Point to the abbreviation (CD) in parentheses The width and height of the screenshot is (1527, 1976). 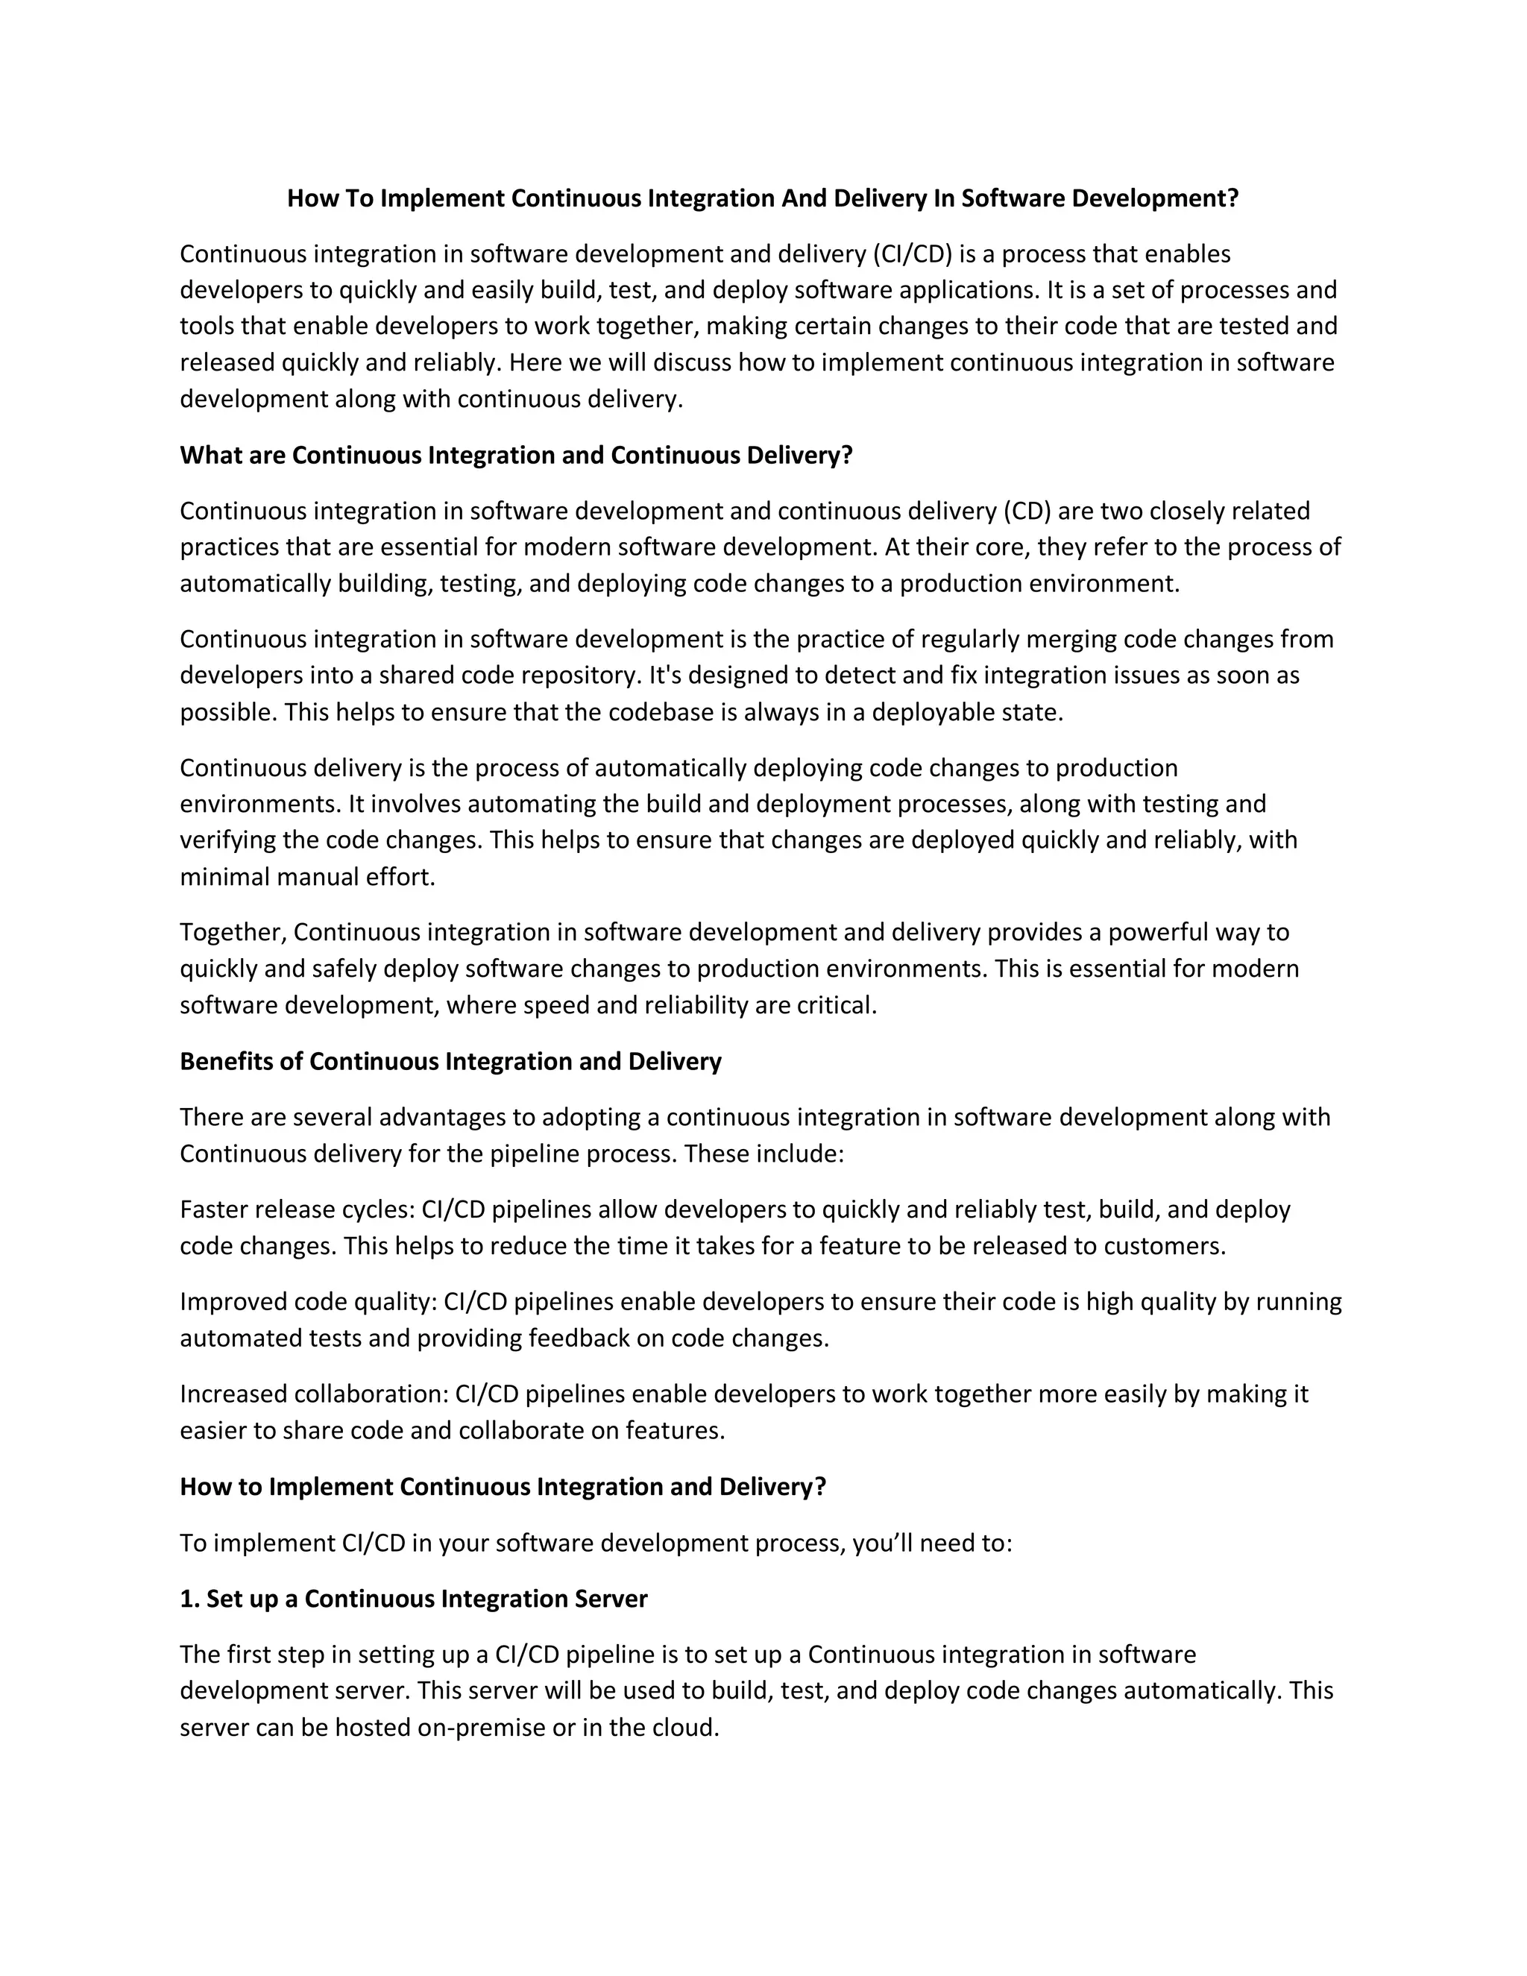coord(1027,512)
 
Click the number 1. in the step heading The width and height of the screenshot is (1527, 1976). coord(189,1599)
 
